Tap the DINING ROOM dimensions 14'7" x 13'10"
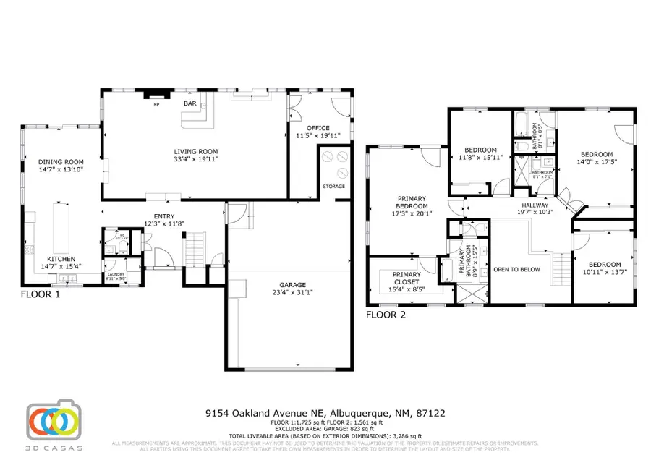(61, 169)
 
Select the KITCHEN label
(61, 258)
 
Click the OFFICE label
(318, 128)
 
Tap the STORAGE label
(334, 186)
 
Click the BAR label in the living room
(190, 104)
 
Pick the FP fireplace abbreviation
(156, 105)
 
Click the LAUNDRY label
(116, 274)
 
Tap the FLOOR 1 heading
(40, 295)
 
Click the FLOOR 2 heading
(386, 315)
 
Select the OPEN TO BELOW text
(516, 269)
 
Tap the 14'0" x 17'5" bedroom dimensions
(597, 162)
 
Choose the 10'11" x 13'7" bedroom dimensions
(603, 272)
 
